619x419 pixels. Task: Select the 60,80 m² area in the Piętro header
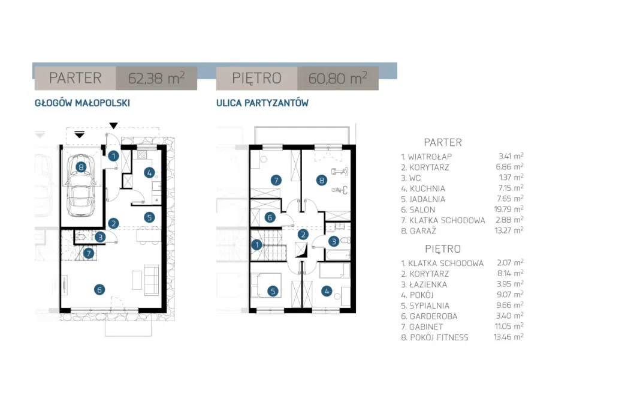point(337,78)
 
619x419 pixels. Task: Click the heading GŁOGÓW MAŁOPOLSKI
point(83,103)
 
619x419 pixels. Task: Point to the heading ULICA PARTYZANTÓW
point(262,103)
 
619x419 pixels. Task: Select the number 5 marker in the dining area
point(149,217)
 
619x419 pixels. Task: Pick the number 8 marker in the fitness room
point(322,179)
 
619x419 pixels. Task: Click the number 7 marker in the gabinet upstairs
point(276,179)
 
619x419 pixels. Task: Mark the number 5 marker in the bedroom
point(273,292)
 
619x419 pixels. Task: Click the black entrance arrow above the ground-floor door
point(114,125)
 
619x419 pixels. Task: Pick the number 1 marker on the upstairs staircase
point(257,244)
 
